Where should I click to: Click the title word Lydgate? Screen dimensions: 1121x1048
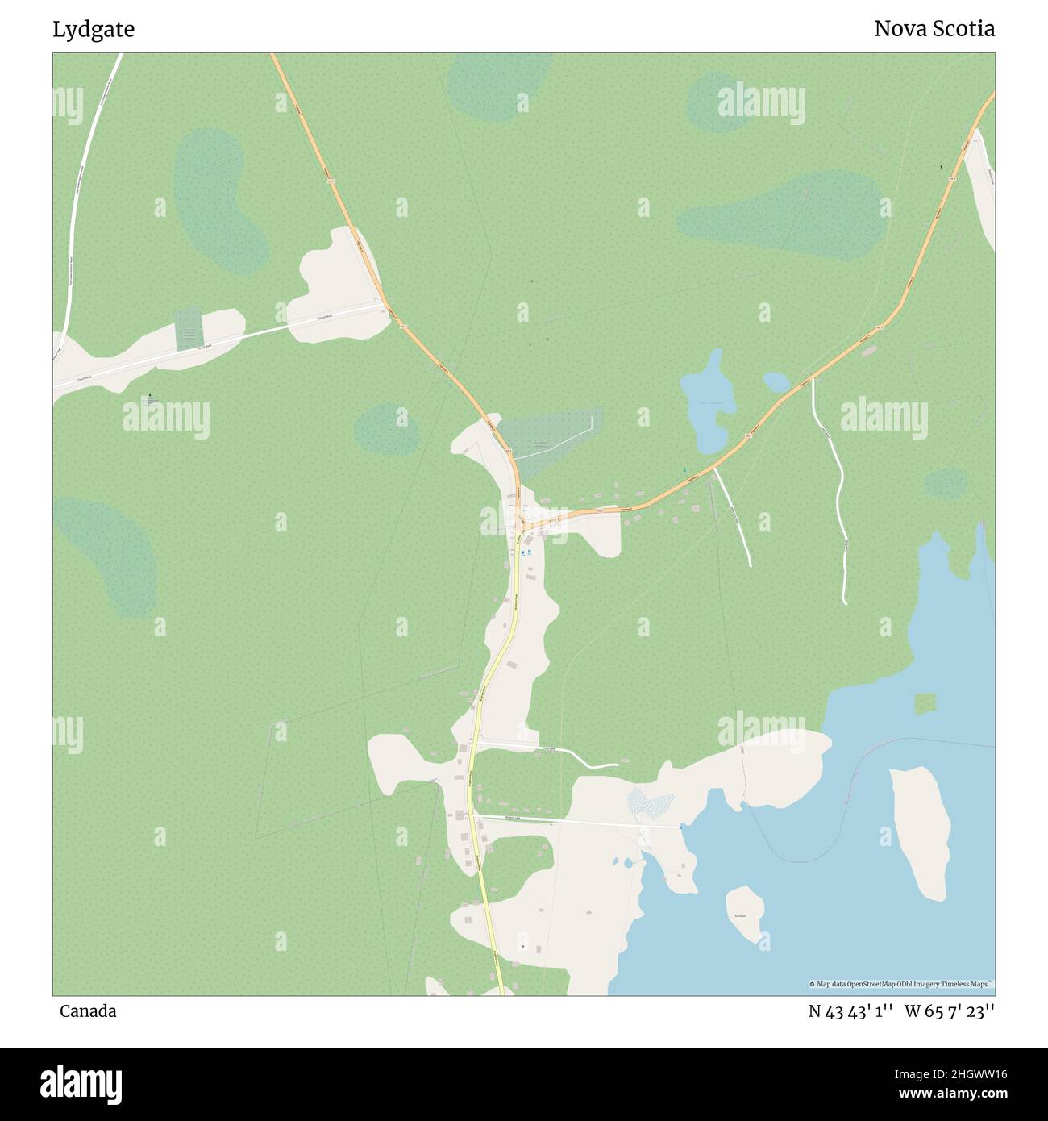(x=94, y=30)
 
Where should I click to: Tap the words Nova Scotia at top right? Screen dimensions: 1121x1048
(x=934, y=29)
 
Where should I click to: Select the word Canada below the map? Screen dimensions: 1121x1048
(x=87, y=1011)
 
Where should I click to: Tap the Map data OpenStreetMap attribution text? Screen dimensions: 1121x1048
(x=901, y=984)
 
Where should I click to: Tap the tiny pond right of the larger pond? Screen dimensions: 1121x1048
(x=776, y=381)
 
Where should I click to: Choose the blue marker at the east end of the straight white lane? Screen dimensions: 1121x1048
(x=680, y=827)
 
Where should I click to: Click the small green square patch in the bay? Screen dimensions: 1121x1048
(x=925, y=703)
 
